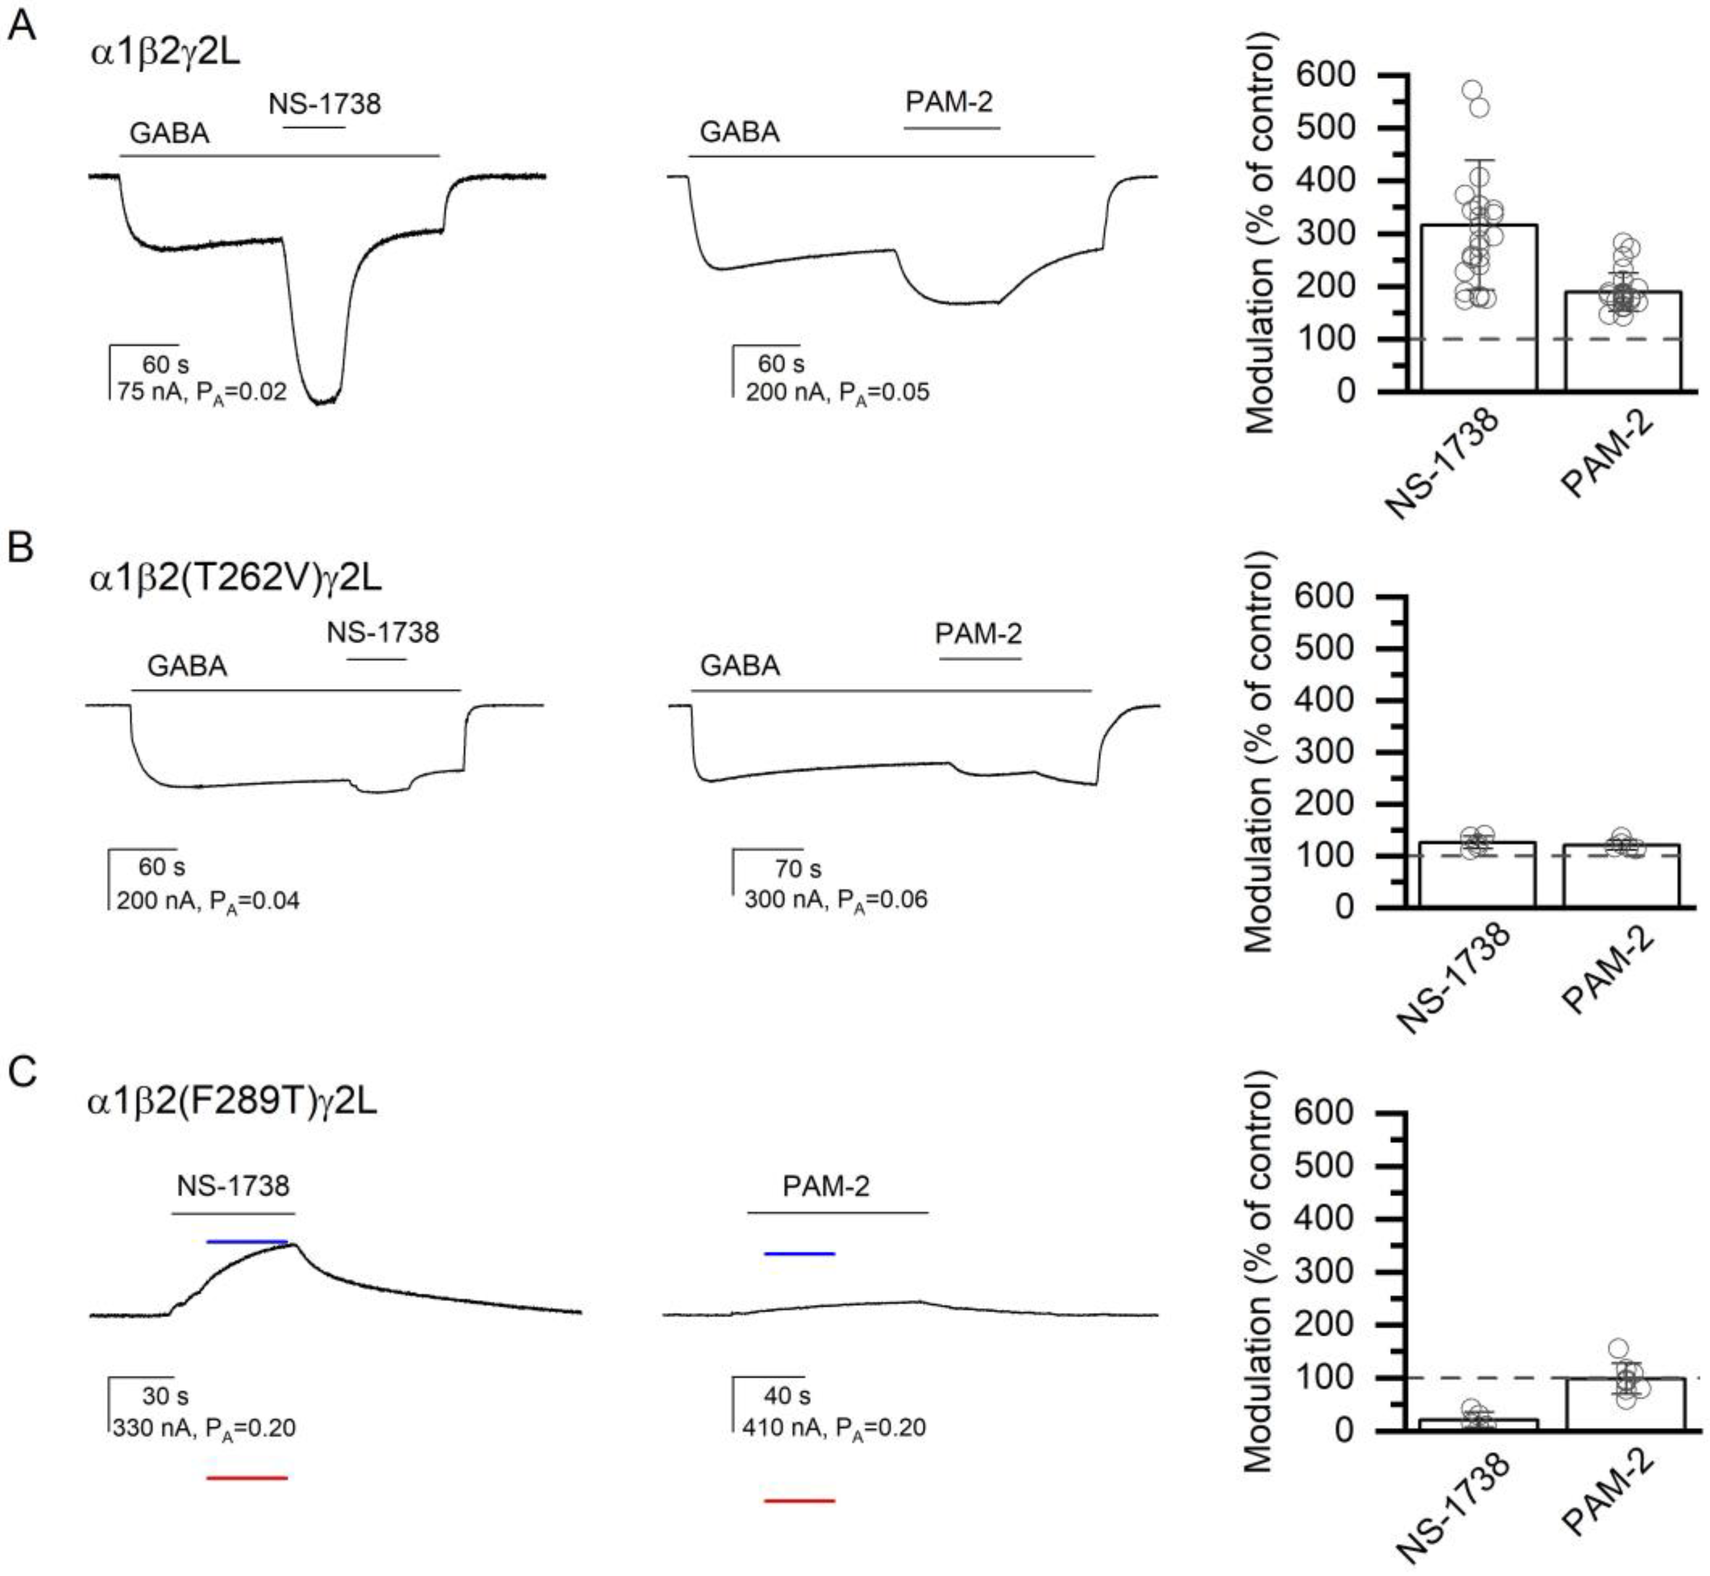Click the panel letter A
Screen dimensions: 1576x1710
coord(21,26)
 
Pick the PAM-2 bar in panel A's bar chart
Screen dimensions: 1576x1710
coord(1622,341)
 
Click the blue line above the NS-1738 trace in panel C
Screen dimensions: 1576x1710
coord(248,1241)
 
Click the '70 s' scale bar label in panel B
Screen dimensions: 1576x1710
coord(798,869)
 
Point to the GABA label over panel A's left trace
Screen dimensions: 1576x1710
coord(169,133)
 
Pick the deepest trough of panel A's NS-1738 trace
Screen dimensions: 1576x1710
coord(322,403)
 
